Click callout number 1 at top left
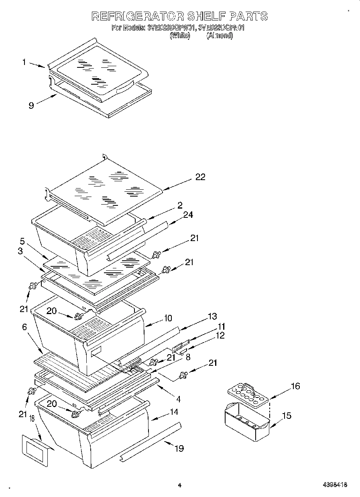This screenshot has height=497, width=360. point(24,62)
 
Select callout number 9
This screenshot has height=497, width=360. point(31,105)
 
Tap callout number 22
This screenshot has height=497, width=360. point(200,177)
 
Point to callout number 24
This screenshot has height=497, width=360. point(188,215)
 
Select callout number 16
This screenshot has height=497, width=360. point(295,386)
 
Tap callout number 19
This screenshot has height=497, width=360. point(179,448)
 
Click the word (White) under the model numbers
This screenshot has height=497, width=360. point(179,35)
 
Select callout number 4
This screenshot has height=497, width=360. point(178,399)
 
